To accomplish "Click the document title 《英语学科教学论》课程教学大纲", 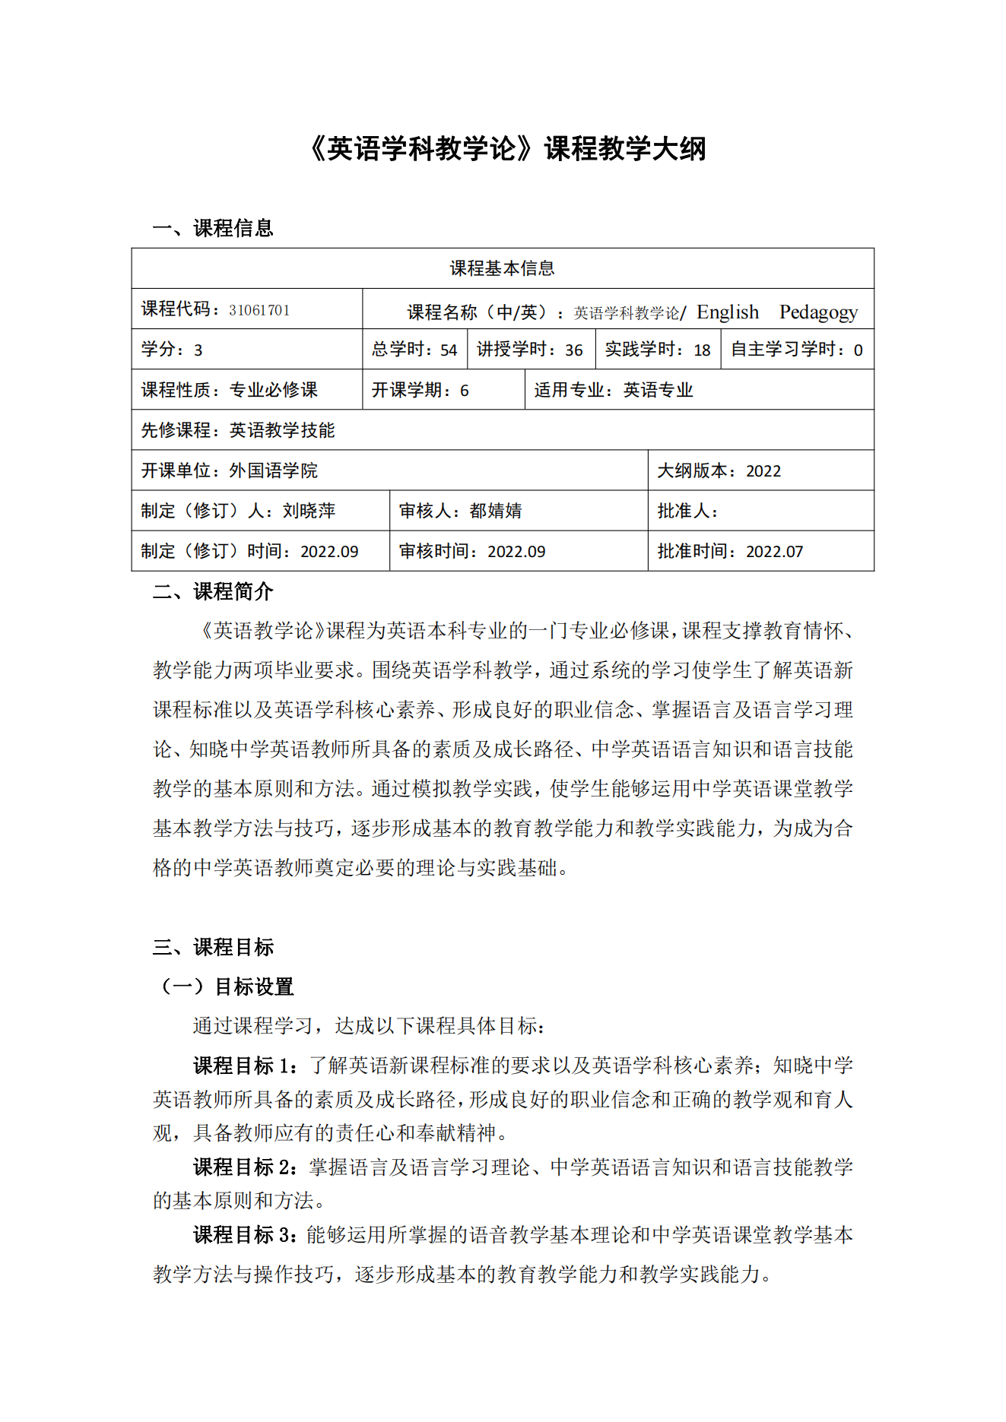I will point(507,148).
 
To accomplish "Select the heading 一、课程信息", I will point(212,228).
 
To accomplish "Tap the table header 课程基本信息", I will point(502,268).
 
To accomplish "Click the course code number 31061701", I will point(259,310).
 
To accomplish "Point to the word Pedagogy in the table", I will point(818,312).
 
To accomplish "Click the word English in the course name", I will point(727,312).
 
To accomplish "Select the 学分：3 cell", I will point(172,350).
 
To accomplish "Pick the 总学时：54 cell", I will point(414,350).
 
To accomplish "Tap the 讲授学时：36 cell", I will point(530,350).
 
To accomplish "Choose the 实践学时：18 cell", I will point(658,350).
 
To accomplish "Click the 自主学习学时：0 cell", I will point(797,350).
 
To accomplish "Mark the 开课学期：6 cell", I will point(420,390).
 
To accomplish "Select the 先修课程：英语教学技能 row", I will point(238,430).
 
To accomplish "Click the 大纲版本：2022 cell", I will point(719,470).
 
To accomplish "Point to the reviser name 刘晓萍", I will point(309,511).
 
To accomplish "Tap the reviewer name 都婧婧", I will point(496,511).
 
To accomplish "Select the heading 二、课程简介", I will point(212,591).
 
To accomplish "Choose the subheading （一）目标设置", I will point(227,987).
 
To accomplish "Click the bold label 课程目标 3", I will point(245,1234).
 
